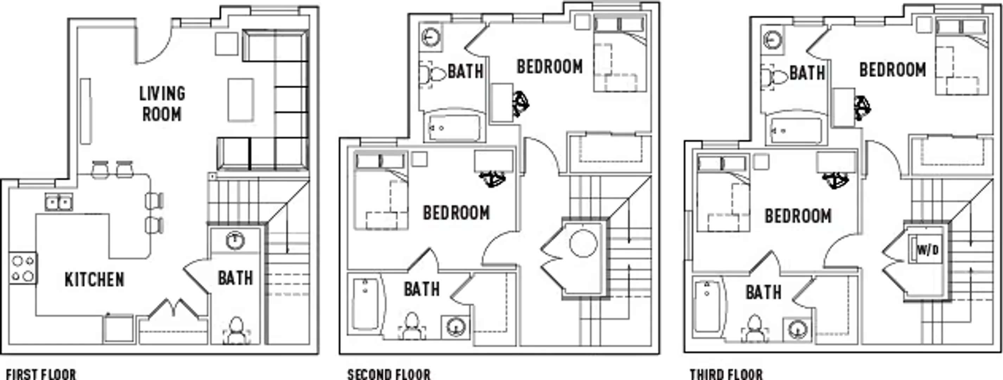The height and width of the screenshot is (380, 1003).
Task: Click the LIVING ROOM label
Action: [x=162, y=104]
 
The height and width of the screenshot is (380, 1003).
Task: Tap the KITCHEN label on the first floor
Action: [x=94, y=280]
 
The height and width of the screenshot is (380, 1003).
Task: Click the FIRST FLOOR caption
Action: [x=41, y=375]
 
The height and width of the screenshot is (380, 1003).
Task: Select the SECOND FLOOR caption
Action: [x=389, y=375]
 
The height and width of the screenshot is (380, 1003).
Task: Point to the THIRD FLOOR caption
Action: [x=726, y=375]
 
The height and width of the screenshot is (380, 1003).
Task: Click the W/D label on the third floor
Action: [x=927, y=250]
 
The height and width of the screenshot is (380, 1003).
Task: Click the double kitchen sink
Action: [x=58, y=202]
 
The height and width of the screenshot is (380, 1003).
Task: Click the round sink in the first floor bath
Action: [x=235, y=241]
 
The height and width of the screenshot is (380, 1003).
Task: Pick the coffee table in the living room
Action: [x=241, y=100]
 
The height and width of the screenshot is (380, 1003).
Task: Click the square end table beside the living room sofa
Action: [x=226, y=44]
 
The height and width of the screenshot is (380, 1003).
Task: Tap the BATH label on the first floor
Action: [x=235, y=278]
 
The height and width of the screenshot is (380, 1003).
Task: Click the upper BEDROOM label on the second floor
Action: [x=550, y=66]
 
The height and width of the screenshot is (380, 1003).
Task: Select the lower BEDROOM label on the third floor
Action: [x=798, y=216]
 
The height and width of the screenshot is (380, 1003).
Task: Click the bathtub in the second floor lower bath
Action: [x=366, y=304]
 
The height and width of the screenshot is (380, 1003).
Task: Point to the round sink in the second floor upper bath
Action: [x=431, y=38]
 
